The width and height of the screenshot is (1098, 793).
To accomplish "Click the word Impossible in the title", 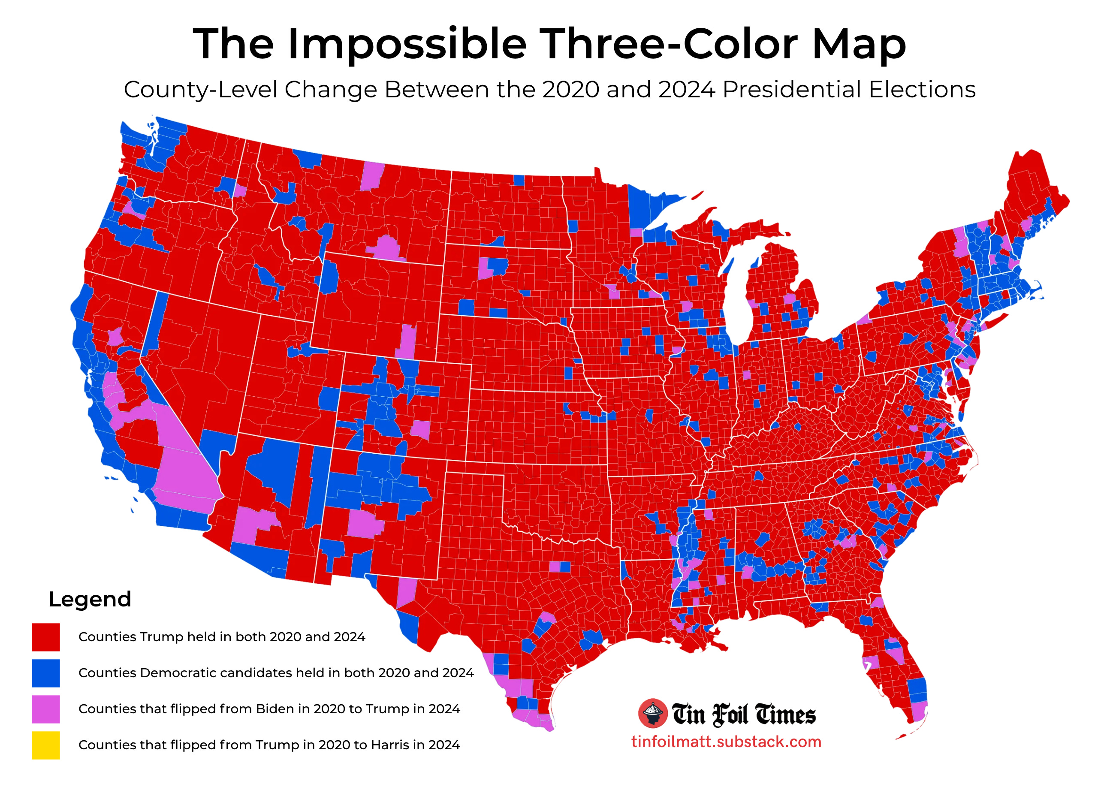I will coord(407,45).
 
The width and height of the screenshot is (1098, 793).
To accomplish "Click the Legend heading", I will coord(90,599).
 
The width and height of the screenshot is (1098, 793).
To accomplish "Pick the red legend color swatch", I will coord(46,637).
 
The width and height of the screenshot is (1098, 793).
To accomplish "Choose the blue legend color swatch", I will coord(46,673).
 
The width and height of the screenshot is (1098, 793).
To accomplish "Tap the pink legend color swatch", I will coord(46,709).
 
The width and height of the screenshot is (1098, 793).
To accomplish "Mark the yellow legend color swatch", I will coord(46,745).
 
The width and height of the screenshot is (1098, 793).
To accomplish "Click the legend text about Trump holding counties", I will coord(222,637).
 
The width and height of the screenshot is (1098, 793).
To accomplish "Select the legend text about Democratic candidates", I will coord(276,673).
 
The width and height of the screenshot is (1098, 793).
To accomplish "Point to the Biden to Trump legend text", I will coord(269,709).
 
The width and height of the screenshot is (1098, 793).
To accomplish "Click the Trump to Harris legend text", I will coord(269,745).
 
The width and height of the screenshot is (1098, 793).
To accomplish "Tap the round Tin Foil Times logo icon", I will coord(653,714).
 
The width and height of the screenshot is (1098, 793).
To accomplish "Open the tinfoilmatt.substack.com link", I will coord(726,742).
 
